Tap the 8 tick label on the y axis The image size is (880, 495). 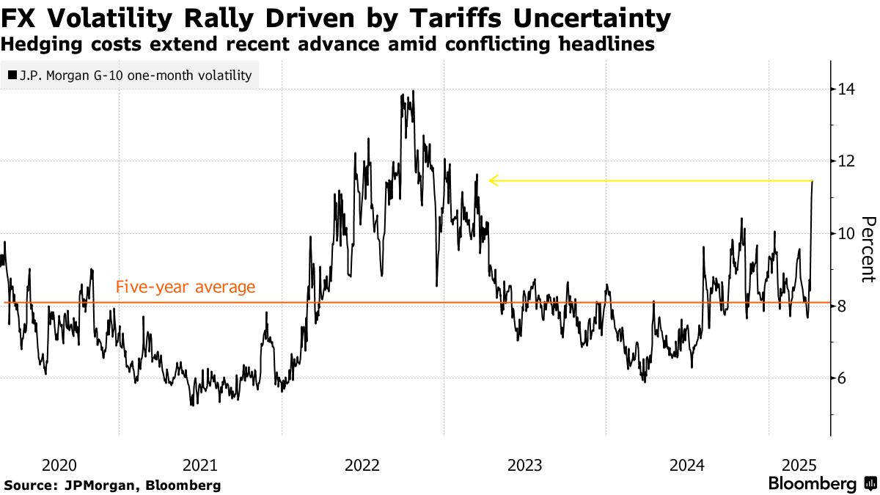(x=842, y=306)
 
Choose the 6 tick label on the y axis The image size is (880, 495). (x=842, y=378)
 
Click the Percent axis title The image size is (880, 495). (x=868, y=249)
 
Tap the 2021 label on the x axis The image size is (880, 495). (x=199, y=465)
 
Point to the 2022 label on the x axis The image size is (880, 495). (x=362, y=465)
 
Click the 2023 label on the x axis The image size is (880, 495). (x=525, y=465)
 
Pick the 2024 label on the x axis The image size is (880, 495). (x=687, y=465)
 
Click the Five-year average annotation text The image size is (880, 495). (x=186, y=287)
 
